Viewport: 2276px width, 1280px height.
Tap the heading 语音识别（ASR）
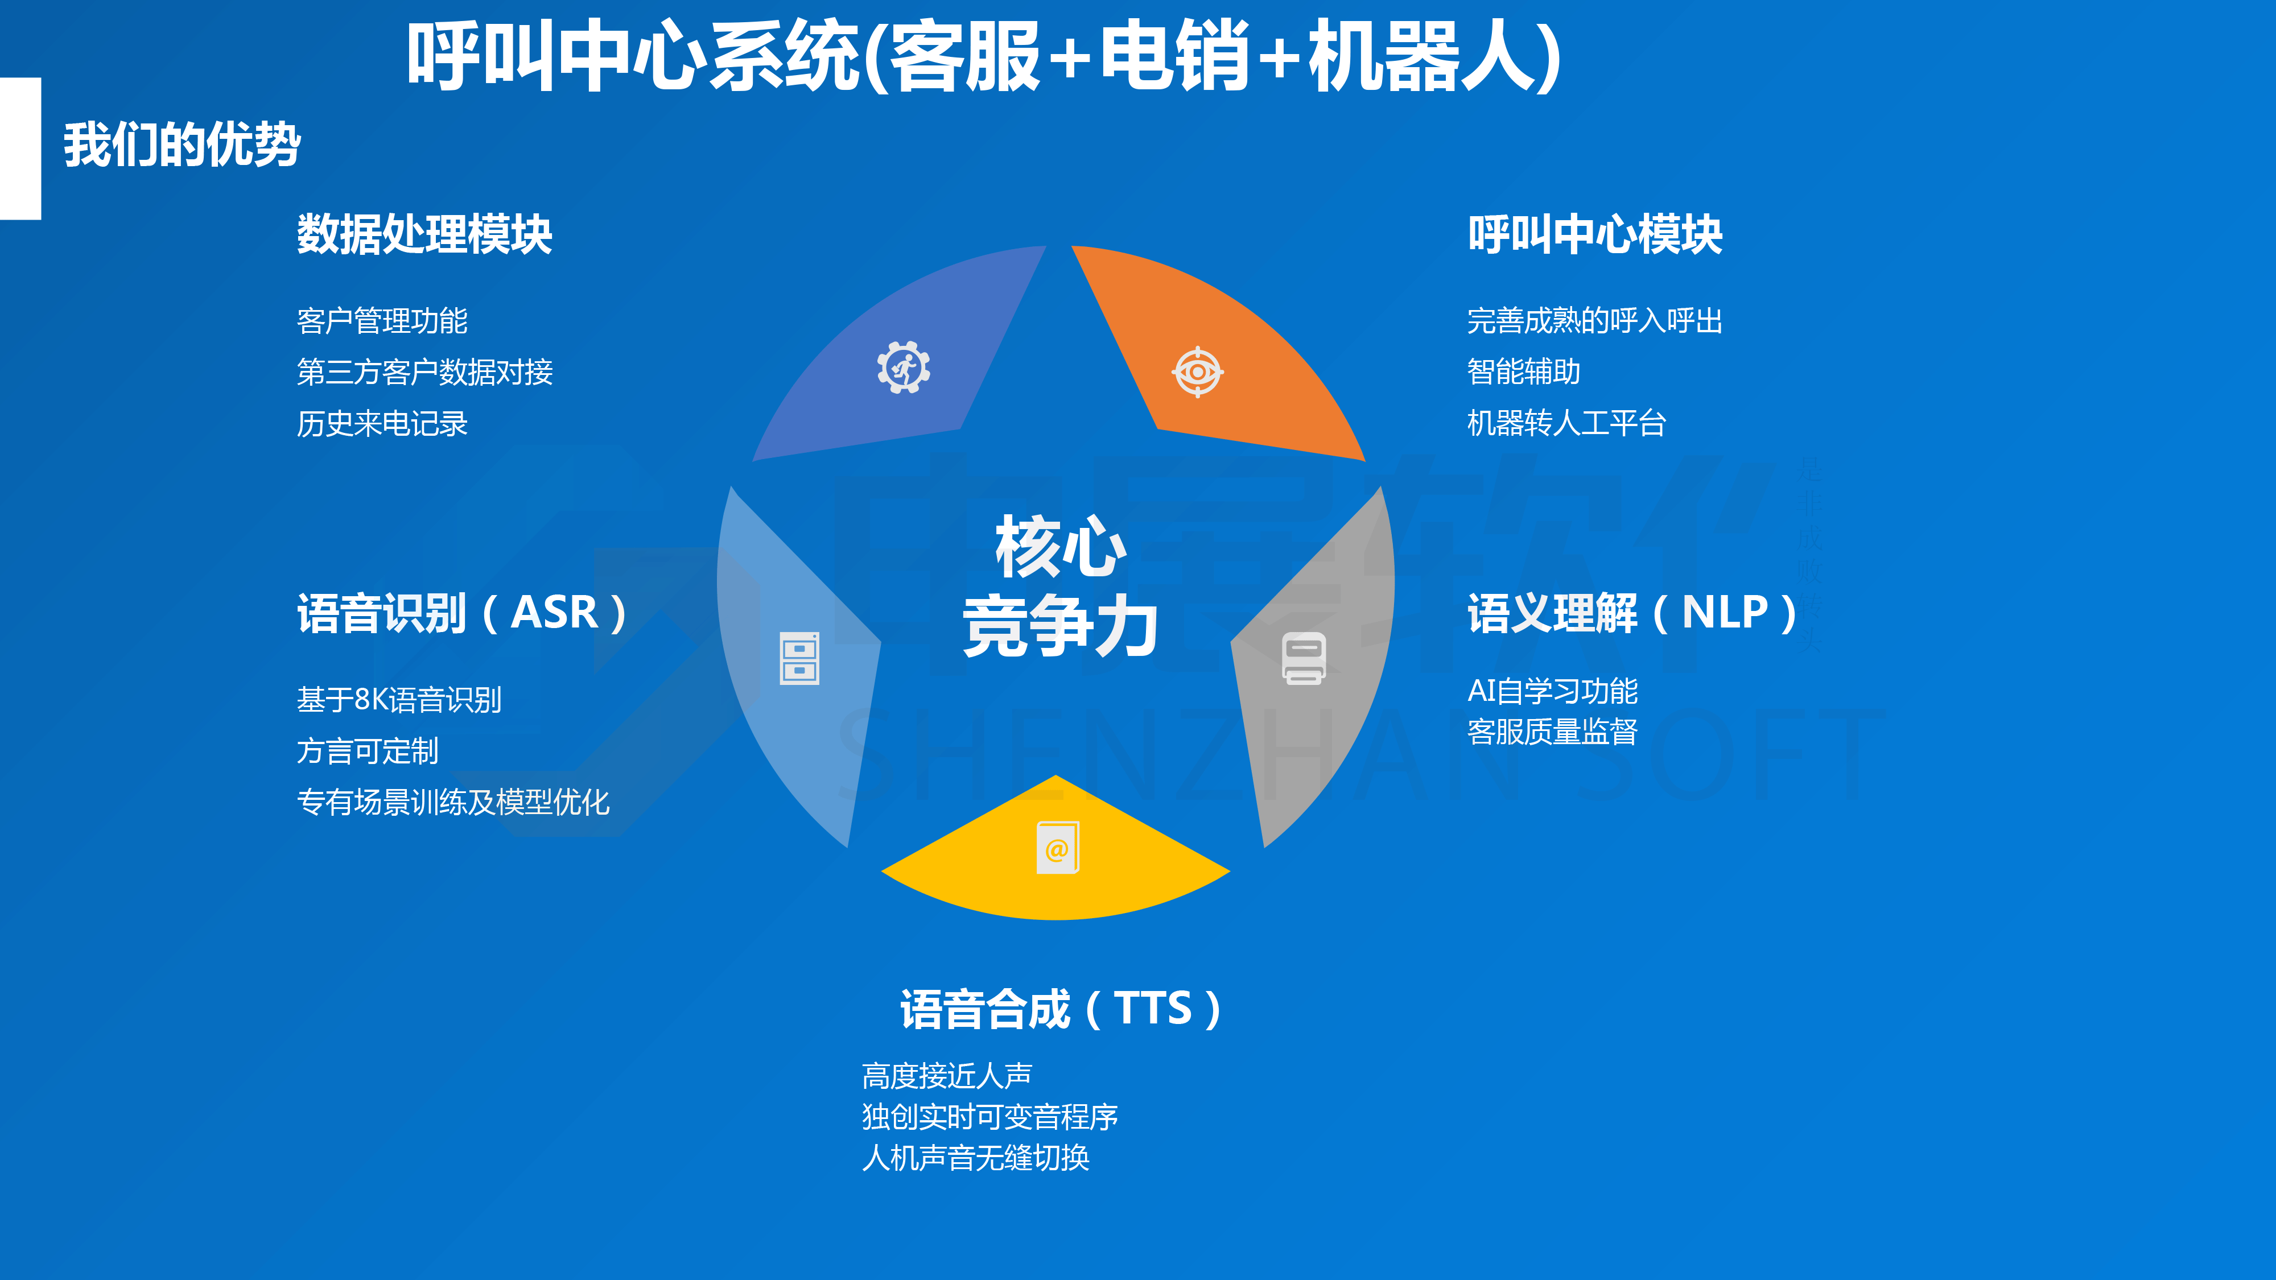coord(462,613)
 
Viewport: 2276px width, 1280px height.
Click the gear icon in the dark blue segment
coord(903,366)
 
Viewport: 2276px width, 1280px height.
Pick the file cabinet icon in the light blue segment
coord(799,658)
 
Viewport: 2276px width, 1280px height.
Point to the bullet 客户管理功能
coord(382,321)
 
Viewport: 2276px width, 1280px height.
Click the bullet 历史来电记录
coord(382,424)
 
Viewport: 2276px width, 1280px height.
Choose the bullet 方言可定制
coord(368,751)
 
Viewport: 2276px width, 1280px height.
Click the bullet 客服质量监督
coord(1552,732)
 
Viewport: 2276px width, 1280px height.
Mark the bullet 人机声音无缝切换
coord(975,1157)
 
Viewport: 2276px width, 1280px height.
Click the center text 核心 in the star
coord(1060,547)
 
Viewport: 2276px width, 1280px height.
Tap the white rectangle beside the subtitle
coord(20,148)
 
